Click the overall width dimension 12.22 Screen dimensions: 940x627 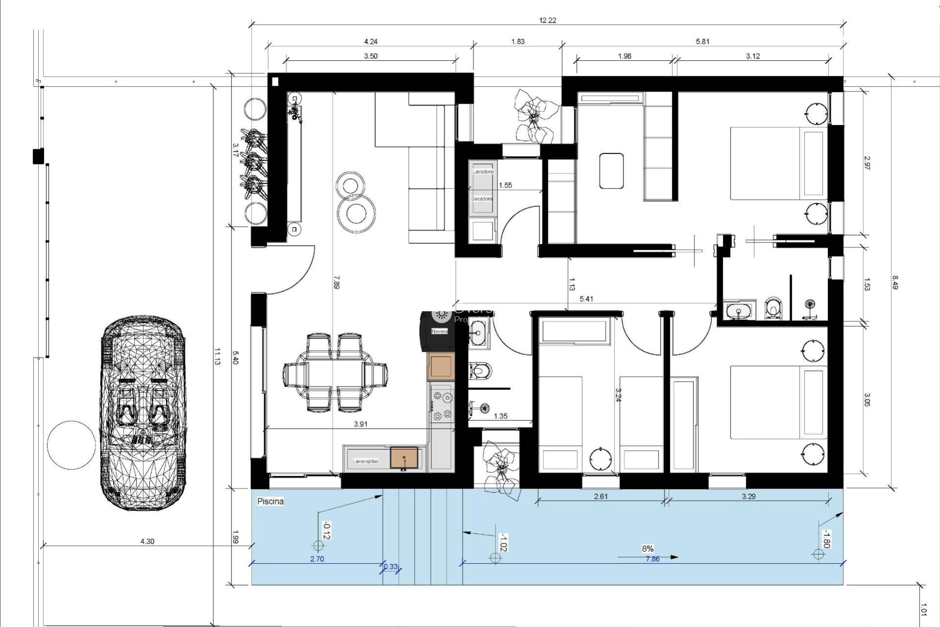click(x=547, y=21)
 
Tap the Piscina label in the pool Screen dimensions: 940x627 click(x=270, y=502)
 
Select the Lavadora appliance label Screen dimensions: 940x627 click(x=482, y=172)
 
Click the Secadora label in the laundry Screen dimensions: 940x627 click(x=482, y=199)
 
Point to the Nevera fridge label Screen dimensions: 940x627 click(x=439, y=332)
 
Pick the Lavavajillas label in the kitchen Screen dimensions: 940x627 click(x=366, y=461)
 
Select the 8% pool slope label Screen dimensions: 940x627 click(x=648, y=549)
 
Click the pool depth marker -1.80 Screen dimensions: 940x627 click(x=825, y=539)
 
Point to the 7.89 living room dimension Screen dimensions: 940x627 click(x=336, y=283)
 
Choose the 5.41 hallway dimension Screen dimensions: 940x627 click(x=586, y=299)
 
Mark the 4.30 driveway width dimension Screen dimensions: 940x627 click(x=147, y=541)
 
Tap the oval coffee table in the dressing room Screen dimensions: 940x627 click(x=611, y=170)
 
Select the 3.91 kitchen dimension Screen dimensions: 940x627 click(x=360, y=424)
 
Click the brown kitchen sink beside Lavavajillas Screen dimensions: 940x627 click(x=404, y=457)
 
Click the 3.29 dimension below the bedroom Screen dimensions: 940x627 click(x=749, y=496)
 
